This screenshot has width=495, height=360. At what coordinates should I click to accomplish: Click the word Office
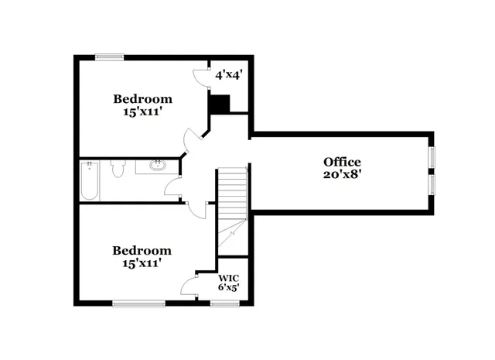[x=342, y=162]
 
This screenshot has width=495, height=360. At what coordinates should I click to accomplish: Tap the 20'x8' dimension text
[x=342, y=175]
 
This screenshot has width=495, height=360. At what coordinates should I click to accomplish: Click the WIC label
[x=227, y=278]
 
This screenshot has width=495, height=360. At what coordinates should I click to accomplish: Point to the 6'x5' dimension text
[x=227, y=288]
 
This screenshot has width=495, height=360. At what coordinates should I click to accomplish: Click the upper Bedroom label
[x=142, y=99]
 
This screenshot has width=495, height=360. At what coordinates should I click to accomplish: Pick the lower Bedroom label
[x=142, y=251]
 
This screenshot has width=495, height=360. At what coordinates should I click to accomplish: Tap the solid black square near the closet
[x=220, y=103]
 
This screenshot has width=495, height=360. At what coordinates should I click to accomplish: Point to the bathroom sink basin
[x=158, y=164]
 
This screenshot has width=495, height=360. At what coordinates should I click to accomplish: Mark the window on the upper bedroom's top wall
[x=110, y=56]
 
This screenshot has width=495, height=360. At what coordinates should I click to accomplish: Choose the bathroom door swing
[x=173, y=184]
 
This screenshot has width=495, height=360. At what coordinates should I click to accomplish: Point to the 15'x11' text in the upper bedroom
[x=142, y=112]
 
